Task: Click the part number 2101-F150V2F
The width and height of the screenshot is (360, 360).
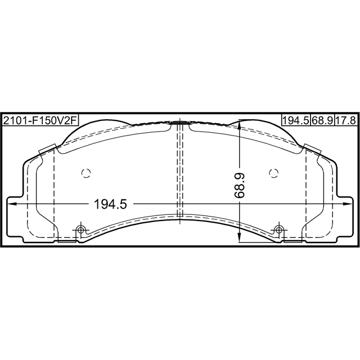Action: click(40, 120)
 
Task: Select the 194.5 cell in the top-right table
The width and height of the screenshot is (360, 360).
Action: click(296, 120)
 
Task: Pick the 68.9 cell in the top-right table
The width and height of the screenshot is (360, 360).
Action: click(322, 120)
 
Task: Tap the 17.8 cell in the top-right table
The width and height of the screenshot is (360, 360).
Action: click(346, 120)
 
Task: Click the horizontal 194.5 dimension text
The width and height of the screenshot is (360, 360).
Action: click(110, 204)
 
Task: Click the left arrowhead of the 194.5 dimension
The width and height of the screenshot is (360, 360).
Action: click(12, 204)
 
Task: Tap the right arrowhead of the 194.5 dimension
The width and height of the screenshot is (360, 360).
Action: click(348, 204)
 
